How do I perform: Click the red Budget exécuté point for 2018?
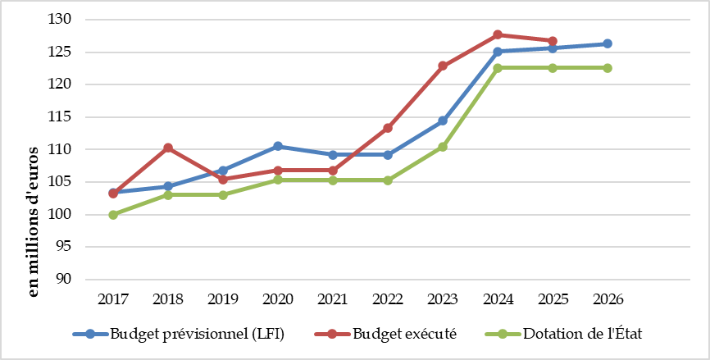[168, 148]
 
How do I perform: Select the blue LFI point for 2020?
[278, 146]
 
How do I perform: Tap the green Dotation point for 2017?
[113, 215]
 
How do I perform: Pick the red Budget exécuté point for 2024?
[498, 34]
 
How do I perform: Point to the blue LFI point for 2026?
[608, 43]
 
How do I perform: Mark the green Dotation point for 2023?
[443, 147]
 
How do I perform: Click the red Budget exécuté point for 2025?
[553, 41]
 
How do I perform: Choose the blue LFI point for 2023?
[443, 121]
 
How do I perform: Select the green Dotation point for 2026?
[608, 68]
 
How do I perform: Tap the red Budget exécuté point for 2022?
[388, 128]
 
